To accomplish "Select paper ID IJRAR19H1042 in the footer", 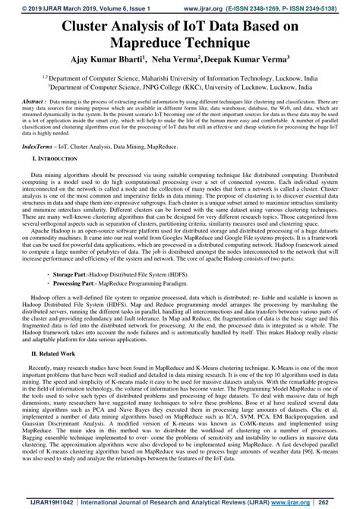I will coord(35,502).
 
